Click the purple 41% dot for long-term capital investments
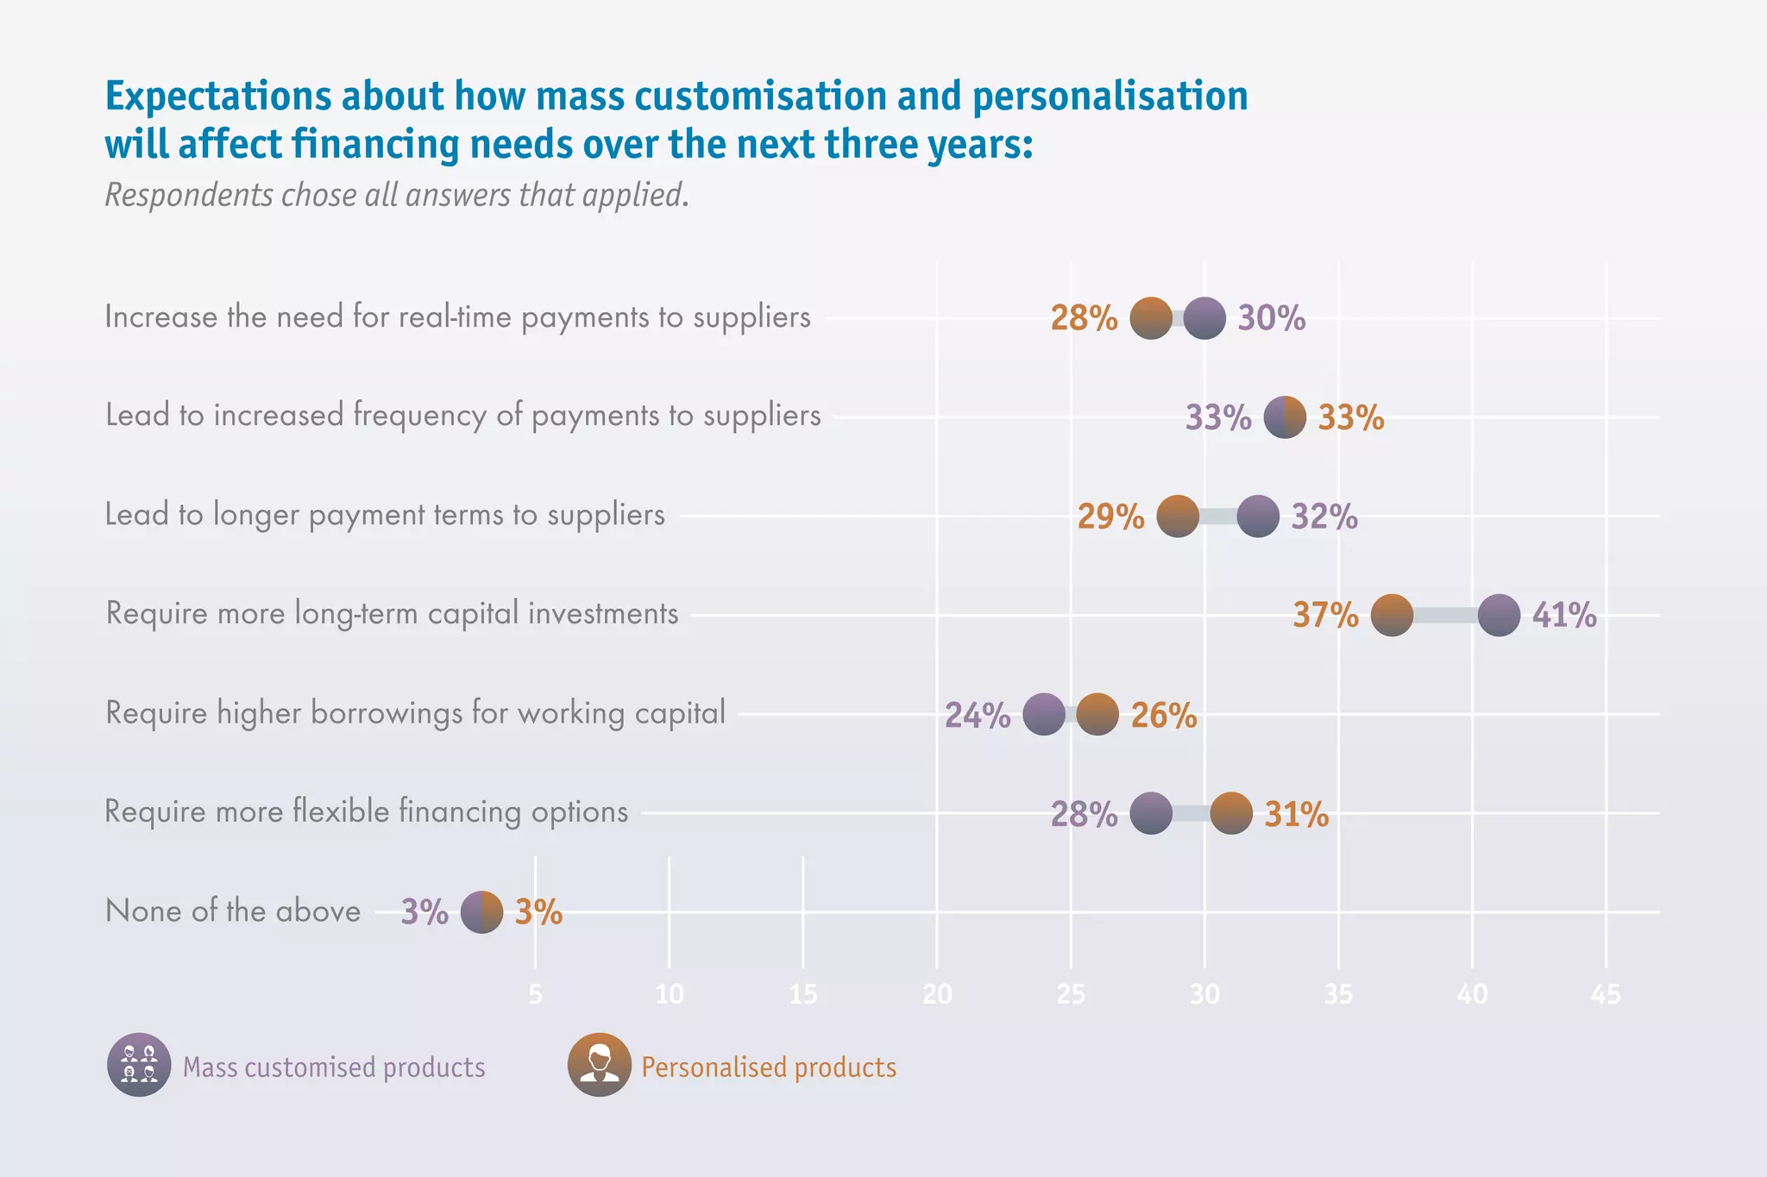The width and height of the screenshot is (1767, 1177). (x=1499, y=615)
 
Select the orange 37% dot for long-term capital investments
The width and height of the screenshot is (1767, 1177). (x=1392, y=615)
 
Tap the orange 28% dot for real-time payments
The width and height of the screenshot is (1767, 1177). (x=1151, y=318)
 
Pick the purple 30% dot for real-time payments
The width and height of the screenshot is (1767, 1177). (x=1204, y=318)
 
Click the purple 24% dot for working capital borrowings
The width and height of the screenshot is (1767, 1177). (x=1044, y=714)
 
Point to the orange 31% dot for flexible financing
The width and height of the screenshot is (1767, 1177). (x=1231, y=813)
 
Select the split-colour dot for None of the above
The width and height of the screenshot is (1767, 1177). (x=481, y=911)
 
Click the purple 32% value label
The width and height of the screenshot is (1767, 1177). (x=1324, y=517)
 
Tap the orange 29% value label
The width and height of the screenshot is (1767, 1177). (x=1110, y=517)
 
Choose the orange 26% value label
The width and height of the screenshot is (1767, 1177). (x=1164, y=715)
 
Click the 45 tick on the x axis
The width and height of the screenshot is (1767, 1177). (x=1606, y=995)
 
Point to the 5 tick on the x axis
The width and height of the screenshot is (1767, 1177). (x=535, y=995)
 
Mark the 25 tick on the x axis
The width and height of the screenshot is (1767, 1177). (x=1071, y=995)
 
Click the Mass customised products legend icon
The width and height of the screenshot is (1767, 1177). (x=139, y=1065)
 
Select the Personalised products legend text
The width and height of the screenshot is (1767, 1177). (x=768, y=1067)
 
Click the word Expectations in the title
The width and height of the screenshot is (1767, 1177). (x=217, y=96)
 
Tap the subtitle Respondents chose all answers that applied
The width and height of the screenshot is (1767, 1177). (x=397, y=195)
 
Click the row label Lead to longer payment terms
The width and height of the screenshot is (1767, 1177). (x=385, y=515)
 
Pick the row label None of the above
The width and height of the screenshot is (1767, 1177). (x=233, y=911)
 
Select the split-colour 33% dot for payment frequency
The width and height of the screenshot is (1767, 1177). (x=1285, y=417)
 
